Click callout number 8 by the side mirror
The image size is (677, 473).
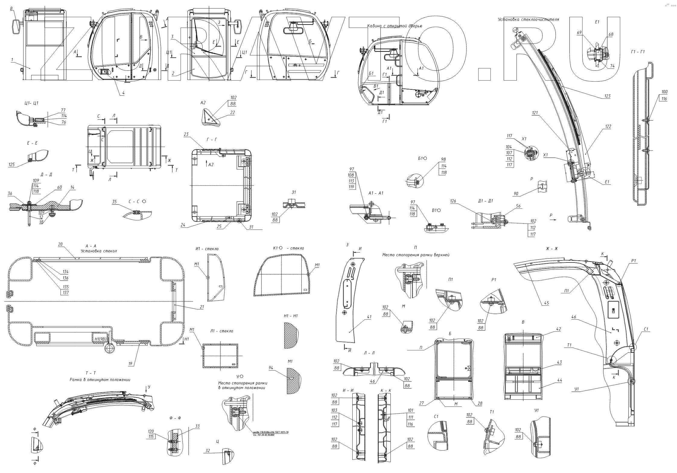(11, 8)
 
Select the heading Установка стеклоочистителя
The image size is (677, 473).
(528, 20)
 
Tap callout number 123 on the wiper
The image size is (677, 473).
(607, 96)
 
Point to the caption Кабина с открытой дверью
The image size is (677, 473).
(395, 26)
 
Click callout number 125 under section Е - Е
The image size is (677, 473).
(12, 165)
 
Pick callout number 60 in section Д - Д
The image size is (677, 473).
(59, 188)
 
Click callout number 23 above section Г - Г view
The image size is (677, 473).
(186, 135)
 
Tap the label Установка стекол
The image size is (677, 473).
(99, 251)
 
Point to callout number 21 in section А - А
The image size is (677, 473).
(202, 307)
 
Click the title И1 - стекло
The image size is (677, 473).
(207, 249)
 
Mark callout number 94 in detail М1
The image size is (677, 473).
(271, 368)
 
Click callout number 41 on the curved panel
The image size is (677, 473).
(369, 317)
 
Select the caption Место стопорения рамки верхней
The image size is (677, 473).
(416, 255)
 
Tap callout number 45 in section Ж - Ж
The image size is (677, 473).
(546, 303)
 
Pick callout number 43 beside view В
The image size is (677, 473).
(560, 362)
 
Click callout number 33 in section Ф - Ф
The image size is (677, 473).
(197, 426)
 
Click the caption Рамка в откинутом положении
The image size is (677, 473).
(100, 380)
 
